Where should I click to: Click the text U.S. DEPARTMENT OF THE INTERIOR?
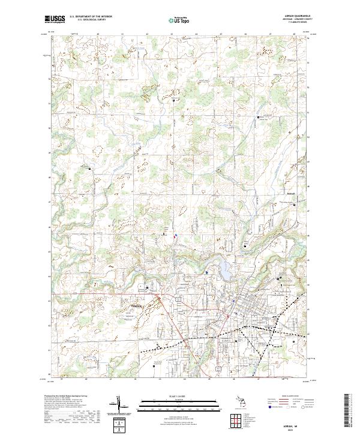91,17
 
